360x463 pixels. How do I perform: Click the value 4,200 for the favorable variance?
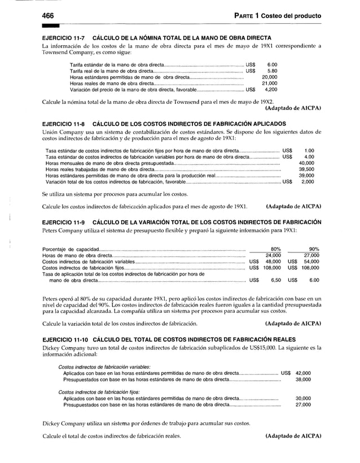[271, 89]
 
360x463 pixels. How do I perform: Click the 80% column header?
[276, 249]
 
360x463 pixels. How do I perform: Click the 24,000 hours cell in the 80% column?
[273, 255]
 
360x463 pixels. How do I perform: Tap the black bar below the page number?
[50, 25]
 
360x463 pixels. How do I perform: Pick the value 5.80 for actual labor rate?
[272, 71]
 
